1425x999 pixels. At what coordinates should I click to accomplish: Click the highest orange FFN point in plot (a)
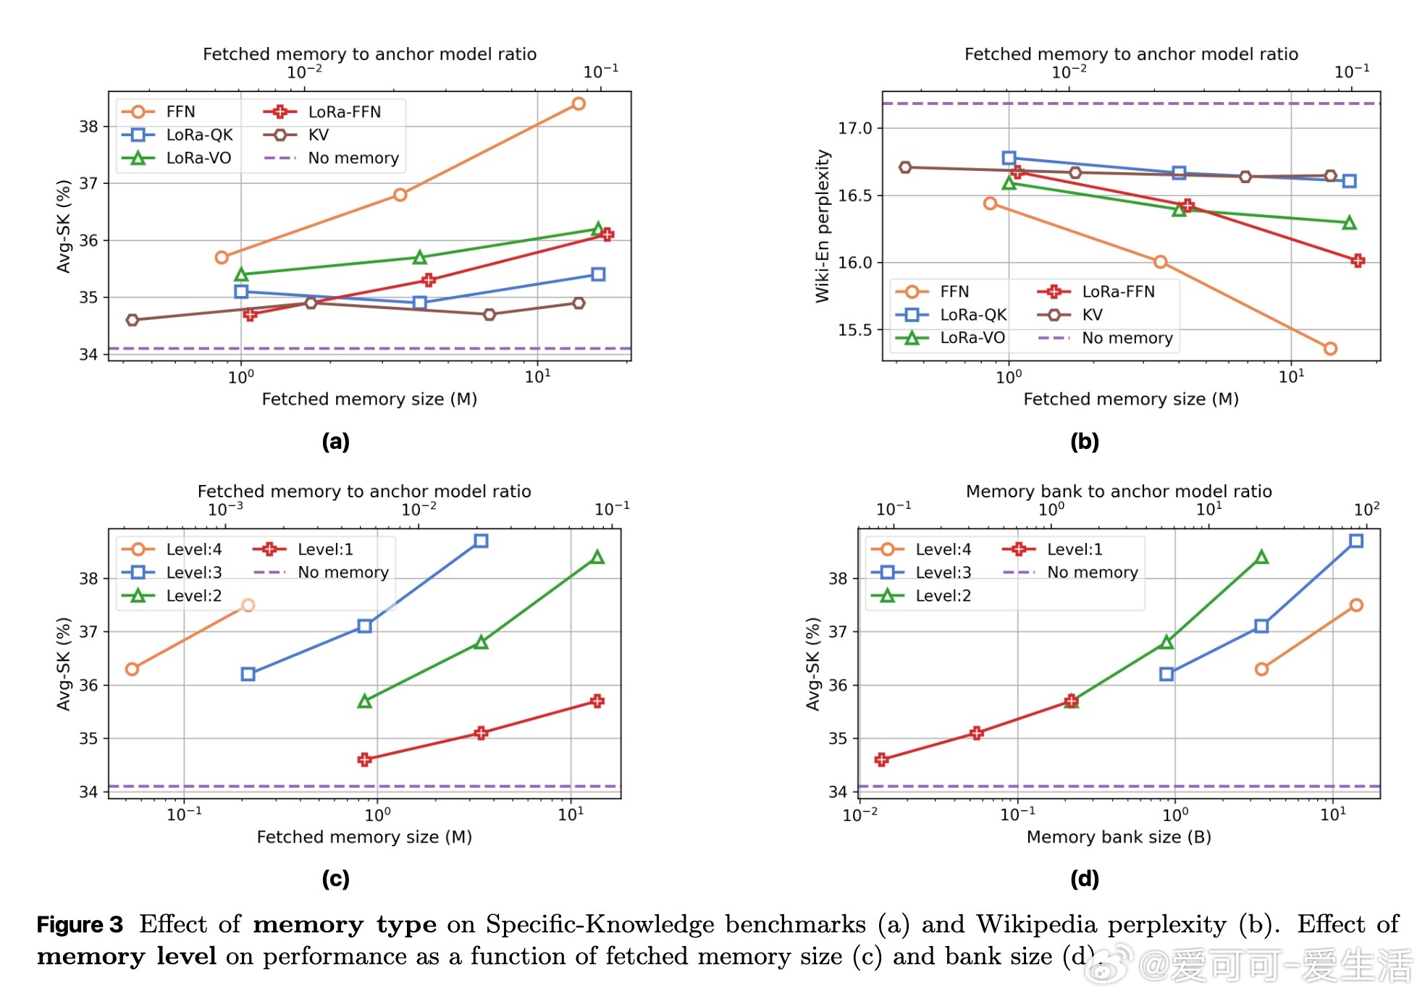click(578, 104)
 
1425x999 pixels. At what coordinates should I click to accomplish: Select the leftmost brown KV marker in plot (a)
click(132, 320)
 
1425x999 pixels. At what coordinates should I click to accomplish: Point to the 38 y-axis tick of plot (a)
click(88, 127)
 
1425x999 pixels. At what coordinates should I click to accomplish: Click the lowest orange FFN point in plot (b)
click(1330, 349)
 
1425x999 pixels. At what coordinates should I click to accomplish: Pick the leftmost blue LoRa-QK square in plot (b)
click(1009, 158)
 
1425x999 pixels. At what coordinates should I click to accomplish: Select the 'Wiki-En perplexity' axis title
click(823, 226)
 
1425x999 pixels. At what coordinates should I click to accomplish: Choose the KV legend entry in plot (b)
click(1091, 315)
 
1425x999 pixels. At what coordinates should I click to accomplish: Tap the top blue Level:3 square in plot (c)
click(481, 541)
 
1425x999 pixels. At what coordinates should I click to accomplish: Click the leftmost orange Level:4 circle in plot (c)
click(132, 669)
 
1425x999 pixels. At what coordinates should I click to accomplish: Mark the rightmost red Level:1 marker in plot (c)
click(597, 701)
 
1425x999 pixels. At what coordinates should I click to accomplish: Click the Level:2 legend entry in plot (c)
click(193, 596)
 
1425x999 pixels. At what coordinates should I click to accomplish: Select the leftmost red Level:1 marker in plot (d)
click(881, 759)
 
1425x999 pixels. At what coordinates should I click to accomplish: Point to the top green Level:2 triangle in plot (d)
click(1261, 557)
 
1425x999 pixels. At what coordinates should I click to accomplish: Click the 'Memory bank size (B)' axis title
click(1119, 837)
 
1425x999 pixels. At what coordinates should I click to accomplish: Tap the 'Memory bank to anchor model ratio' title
click(1119, 492)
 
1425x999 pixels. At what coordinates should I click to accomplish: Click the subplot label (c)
click(335, 879)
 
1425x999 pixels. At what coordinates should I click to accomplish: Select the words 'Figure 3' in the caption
click(80, 924)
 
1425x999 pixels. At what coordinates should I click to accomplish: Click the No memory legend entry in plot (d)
click(1092, 573)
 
